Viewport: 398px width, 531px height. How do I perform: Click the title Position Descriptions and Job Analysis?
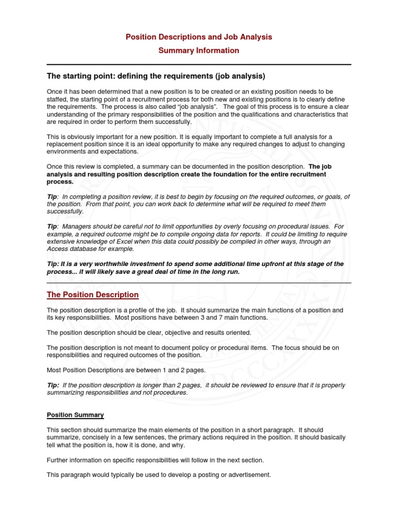(199, 37)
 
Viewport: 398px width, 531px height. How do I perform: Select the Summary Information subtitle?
(199, 50)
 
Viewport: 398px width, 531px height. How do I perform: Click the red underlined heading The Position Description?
(93, 295)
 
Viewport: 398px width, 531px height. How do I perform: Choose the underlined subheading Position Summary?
(75, 415)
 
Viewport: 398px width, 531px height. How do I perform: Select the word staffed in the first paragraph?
(58, 99)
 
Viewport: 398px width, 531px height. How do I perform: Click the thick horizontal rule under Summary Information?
(199, 64)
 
